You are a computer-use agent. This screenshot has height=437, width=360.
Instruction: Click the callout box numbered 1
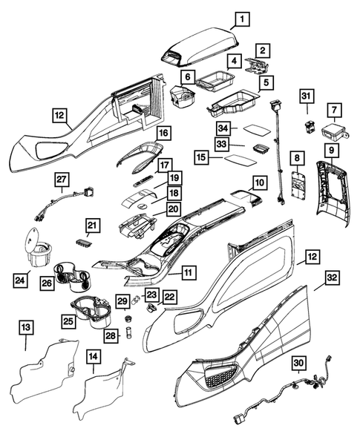point(244,19)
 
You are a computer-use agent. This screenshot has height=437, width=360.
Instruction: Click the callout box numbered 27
point(62,180)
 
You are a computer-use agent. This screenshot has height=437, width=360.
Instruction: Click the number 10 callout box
point(258,181)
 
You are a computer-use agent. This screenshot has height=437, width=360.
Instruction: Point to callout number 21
point(92,225)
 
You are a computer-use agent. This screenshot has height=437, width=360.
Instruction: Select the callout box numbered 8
point(297,158)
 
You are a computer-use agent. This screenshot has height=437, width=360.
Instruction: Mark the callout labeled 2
point(263,50)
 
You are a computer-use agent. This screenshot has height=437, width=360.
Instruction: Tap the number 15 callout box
point(201,158)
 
